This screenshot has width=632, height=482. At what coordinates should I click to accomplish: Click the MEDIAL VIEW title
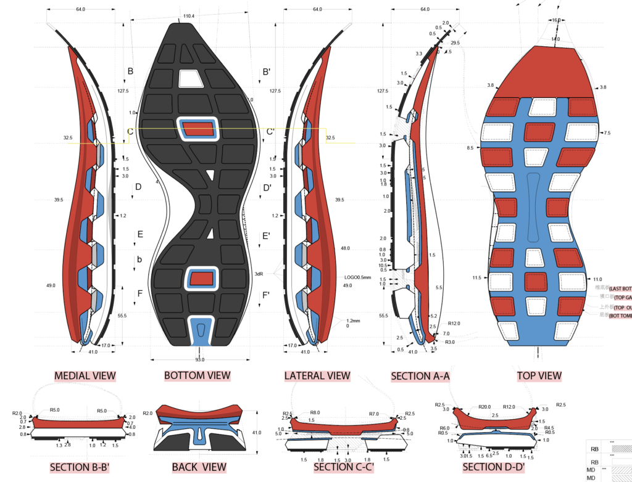click(85, 375)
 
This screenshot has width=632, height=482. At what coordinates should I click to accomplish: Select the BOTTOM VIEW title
click(197, 375)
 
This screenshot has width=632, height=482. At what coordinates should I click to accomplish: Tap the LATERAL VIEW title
click(317, 375)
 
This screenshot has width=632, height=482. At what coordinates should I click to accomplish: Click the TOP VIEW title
click(539, 375)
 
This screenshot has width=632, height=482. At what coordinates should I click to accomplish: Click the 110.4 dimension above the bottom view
click(189, 15)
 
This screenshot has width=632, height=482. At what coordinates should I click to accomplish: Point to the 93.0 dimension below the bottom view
click(200, 359)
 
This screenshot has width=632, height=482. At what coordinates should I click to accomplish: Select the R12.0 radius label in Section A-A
click(454, 324)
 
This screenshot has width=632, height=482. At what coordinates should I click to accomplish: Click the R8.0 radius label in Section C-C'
click(315, 413)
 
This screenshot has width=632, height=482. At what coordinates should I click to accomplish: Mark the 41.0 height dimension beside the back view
click(255, 433)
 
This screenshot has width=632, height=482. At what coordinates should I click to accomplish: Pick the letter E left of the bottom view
click(140, 234)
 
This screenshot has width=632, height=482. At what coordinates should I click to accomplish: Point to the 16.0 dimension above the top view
click(556, 20)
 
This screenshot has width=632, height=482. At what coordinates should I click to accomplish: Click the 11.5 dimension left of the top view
click(476, 278)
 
